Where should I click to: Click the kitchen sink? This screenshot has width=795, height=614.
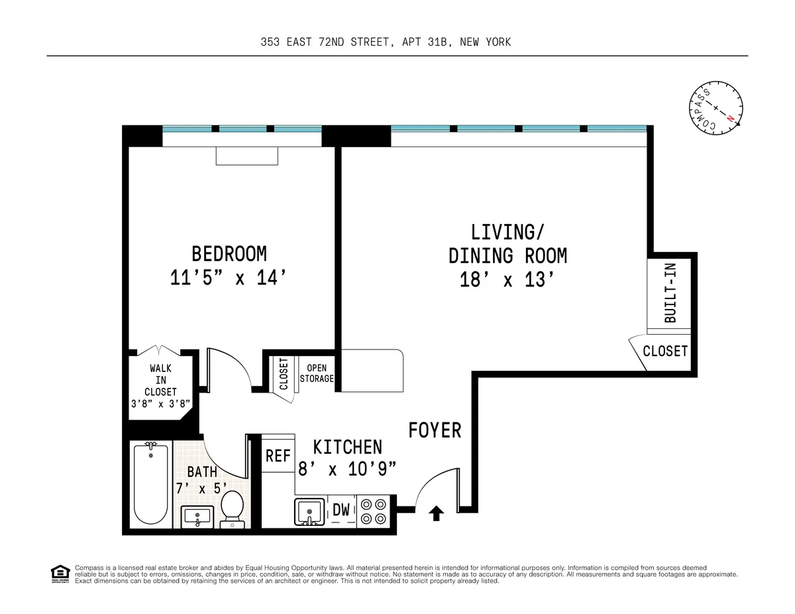tap(309, 512)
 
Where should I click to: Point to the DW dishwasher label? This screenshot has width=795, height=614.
tap(341, 510)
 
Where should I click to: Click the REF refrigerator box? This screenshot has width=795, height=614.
tap(278, 456)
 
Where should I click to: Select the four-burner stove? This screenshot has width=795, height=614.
tap(374, 511)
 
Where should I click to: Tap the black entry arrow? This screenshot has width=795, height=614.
tap(436, 513)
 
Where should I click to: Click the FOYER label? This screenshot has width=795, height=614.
tap(435, 430)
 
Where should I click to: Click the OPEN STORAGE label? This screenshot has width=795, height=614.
tap(317, 373)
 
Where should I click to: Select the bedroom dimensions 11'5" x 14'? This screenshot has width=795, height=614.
tap(229, 278)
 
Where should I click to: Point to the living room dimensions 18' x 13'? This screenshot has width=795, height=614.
tap(507, 280)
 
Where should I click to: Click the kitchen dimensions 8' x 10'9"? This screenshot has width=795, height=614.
tap(347, 469)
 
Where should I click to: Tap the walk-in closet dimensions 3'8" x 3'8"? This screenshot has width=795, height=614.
tap(161, 402)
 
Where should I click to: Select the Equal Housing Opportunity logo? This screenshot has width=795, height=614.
tap(60, 574)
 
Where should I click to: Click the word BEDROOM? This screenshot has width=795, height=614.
tap(229, 253)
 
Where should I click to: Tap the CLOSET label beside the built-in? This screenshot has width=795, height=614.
tap(665, 351)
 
